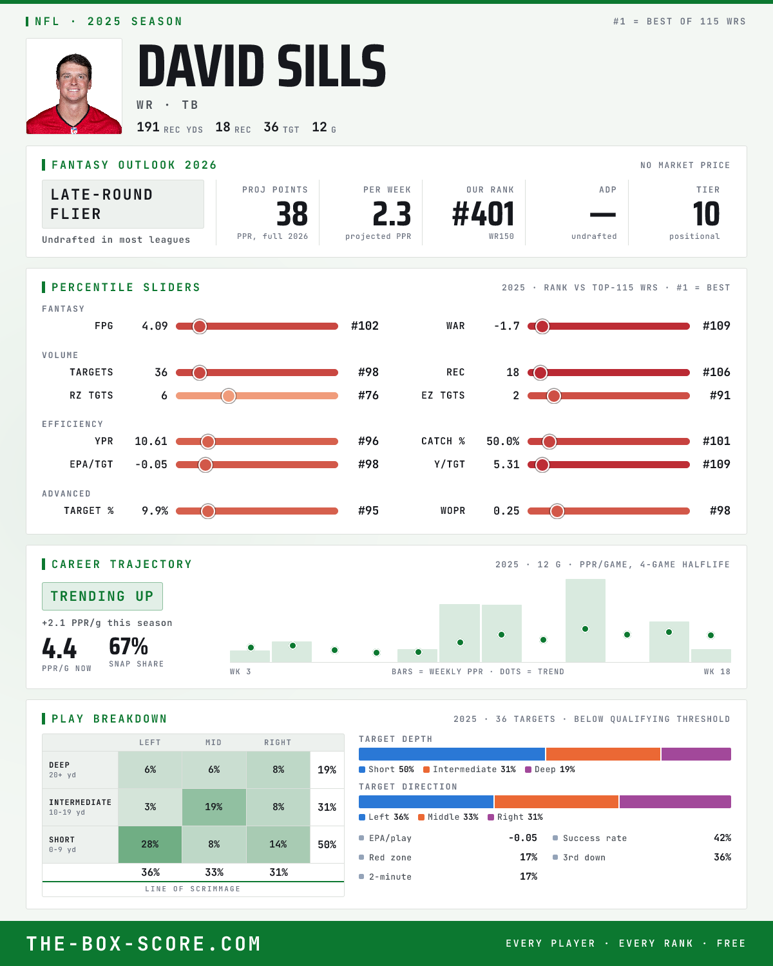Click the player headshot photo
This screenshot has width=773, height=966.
(74, 86)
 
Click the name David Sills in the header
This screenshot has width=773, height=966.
(262, 66)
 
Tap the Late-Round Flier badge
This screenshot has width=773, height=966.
(122, 204)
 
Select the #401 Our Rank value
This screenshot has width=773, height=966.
(483, 214)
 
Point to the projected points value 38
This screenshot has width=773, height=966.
(292, 214)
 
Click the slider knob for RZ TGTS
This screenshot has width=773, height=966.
(229, 395)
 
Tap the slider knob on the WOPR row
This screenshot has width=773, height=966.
(557, 511)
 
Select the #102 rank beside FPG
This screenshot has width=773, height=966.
(365, 326)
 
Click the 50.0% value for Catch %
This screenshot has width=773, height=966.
(502, 441)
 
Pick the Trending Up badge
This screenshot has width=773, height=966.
(102, 596)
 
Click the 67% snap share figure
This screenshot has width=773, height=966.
(128, 647)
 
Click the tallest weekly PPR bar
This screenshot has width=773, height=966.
(586, 620)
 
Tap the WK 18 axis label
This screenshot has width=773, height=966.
(717, 672)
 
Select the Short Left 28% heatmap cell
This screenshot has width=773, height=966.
(150, 844)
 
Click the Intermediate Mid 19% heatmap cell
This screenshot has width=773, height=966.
(214, 807)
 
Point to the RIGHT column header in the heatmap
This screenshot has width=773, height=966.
(278, 743)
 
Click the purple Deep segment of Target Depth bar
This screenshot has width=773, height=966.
(696, 754)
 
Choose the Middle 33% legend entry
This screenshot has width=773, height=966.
(448, 817)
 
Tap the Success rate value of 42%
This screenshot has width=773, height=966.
(722, 838)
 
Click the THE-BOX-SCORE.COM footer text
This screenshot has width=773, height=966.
(144, 943)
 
